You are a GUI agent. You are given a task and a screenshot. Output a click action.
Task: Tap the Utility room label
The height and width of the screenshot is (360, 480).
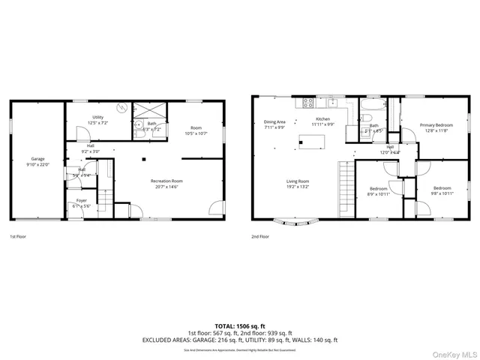[x=98, y=118]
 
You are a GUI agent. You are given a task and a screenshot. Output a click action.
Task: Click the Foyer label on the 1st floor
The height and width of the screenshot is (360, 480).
[x=81, y=201]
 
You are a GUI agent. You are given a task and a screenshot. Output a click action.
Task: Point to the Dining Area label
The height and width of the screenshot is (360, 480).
[x=274, y=121]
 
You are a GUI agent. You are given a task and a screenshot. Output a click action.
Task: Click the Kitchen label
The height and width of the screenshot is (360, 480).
[x=322, y=119]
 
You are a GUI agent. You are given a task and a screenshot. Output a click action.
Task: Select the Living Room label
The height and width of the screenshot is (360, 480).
[x=298, y=181]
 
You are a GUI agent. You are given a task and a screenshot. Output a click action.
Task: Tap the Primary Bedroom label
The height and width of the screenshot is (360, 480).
[x=436, y=125]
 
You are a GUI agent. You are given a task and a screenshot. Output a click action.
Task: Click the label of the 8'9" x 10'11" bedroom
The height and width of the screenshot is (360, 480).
[x=378, y=188]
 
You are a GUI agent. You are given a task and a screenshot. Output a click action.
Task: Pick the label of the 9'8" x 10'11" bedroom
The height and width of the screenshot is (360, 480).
[x=442, y=188]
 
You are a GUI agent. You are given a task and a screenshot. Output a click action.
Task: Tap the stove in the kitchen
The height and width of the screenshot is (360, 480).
[x=306, y=101]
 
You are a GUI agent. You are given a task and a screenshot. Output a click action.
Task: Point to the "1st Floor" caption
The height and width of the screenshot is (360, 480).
[x=18, y=237]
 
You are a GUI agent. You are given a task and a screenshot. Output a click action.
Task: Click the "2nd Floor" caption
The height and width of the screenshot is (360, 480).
[x=260, y=237]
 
